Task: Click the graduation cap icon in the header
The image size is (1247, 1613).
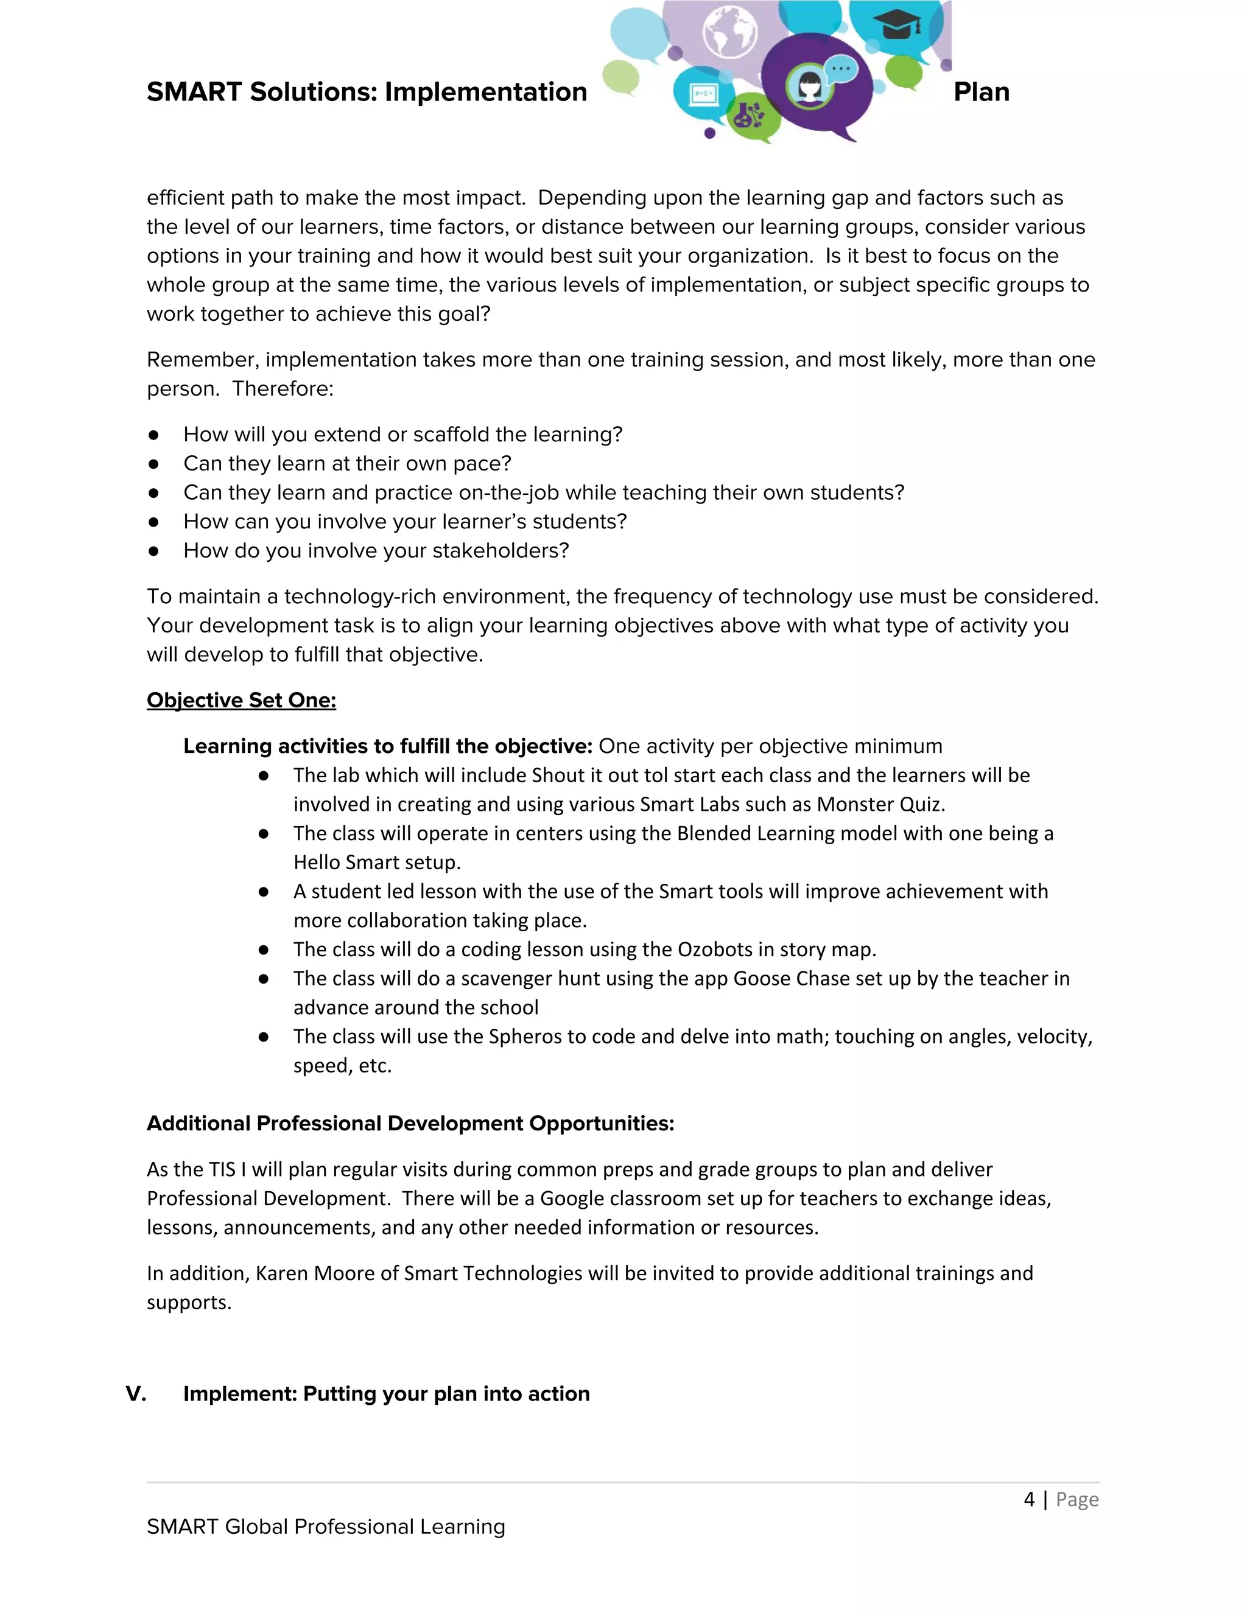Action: point(897,25)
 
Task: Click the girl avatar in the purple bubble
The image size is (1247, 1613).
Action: point(809,86)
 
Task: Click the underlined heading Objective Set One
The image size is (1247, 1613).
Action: point(241,700)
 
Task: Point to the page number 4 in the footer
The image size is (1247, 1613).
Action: point(1029,1499)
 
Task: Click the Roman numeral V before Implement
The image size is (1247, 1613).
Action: point(136,1394)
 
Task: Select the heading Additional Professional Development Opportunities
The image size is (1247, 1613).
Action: point(410,1124)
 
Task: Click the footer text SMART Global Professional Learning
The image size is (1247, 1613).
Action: point(326,1527)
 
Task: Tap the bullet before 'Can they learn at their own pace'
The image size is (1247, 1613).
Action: point(153,464)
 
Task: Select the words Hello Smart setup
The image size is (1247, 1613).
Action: point(377,862)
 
